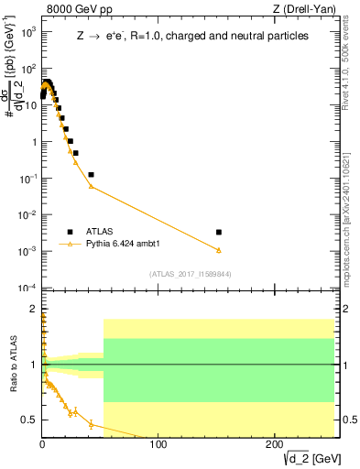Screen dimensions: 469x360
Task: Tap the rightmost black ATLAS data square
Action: click(218, 233)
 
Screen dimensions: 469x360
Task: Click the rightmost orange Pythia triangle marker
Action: click(218, 250)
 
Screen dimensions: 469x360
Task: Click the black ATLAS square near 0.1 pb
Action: click(91, 174)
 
